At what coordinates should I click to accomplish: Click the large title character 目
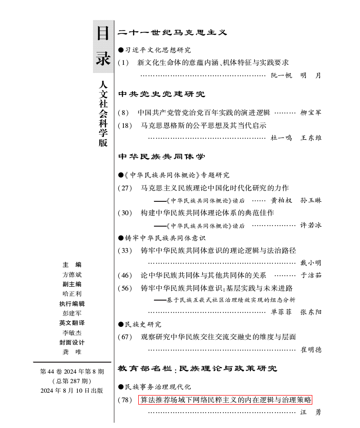103,33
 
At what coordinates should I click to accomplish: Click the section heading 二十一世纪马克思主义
172,32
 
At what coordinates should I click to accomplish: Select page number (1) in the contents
123,63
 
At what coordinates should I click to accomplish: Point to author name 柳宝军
311,113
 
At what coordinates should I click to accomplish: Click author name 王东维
311,138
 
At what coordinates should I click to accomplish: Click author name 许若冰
311,225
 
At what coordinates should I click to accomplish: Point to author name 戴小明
311,263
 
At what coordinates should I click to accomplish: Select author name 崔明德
311,350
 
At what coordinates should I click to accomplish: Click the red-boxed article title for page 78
226,400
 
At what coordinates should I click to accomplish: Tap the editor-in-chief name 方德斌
72,275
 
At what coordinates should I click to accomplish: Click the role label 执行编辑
72,303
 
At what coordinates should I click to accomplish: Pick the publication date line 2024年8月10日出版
72,390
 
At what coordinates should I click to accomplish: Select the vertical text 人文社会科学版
103,114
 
